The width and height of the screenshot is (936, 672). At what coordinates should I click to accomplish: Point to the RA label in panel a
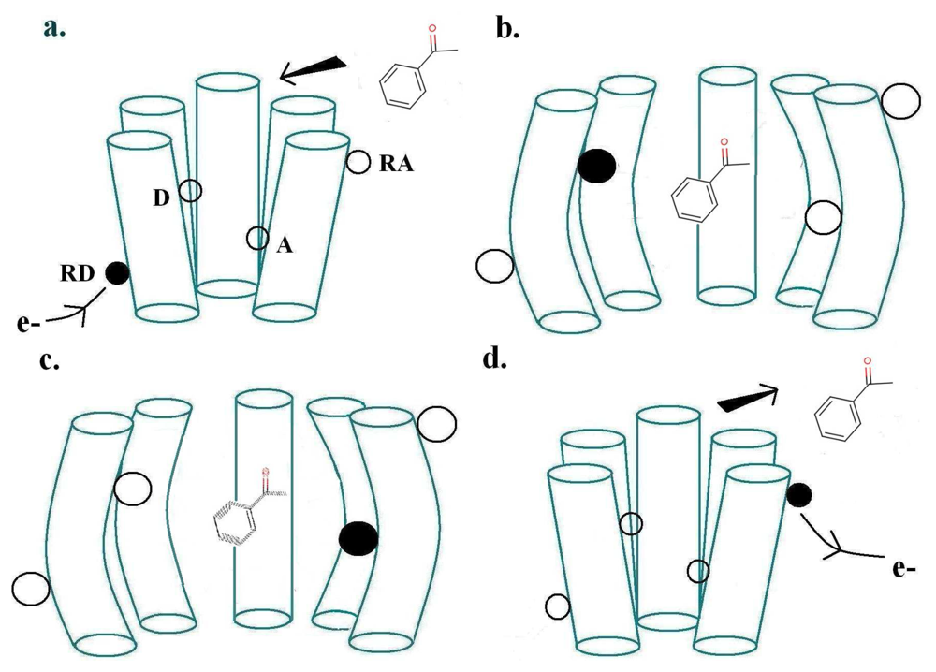click(394, 167)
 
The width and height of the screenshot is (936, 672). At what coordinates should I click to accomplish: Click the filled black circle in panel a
click(117, 272)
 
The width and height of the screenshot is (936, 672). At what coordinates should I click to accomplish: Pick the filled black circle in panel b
click(596, 166)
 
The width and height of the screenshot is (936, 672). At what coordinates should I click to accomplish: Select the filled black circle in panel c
click(358, 538)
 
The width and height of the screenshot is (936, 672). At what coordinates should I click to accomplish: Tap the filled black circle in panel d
click(798, 494)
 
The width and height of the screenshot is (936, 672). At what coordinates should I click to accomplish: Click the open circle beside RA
click(358, 162)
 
